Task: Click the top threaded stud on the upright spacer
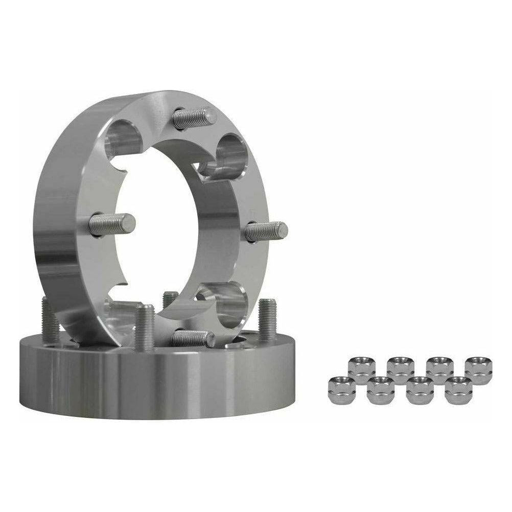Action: coord(192,118)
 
